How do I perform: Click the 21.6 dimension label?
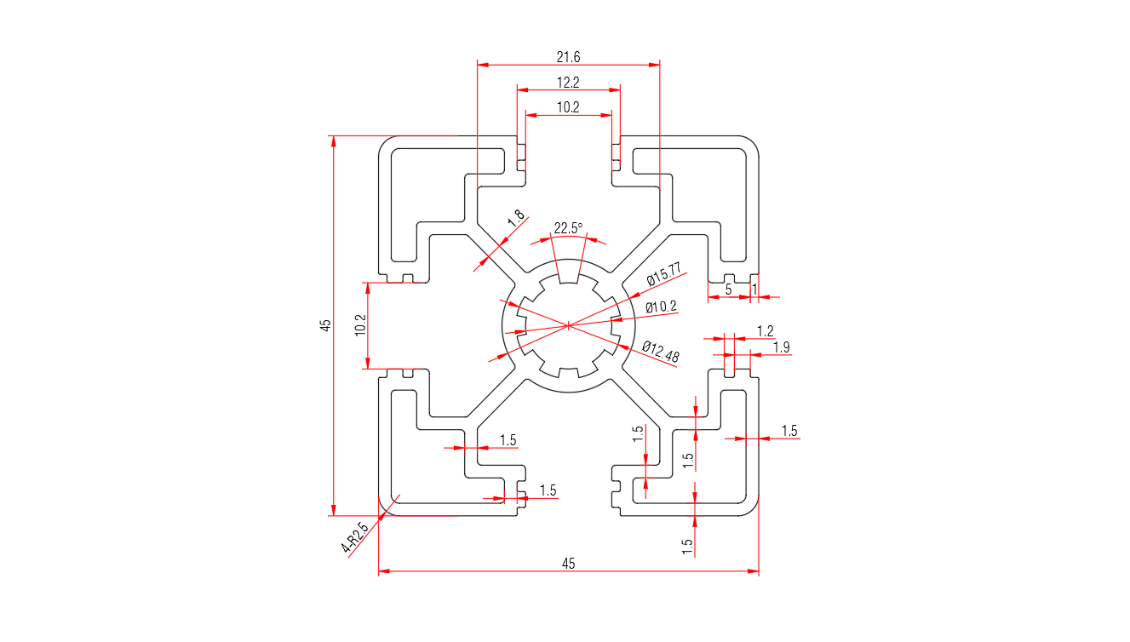click(568, 57)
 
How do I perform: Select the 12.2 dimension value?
click(568, 83)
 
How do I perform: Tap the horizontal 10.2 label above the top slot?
click(568, 107)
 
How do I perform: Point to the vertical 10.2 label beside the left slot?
click(359, 325)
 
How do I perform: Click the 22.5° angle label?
click(568, 228)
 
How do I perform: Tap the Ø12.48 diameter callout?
click(661, 352)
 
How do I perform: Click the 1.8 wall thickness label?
click(516, 219)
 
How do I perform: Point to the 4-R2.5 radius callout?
click(355, 538)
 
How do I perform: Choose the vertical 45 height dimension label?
click(324, 325)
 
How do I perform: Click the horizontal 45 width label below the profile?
click(568, 563)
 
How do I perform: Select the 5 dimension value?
click(728, 289)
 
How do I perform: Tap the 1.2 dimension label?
click(765, 330)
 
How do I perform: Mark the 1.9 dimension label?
click(781, 347)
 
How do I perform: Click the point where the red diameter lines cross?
click(568, 324)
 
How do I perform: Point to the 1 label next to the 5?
click(754, 289)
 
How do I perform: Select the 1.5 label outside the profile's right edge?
click(789, 431)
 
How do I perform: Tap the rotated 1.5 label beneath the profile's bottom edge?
click(687, 544)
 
